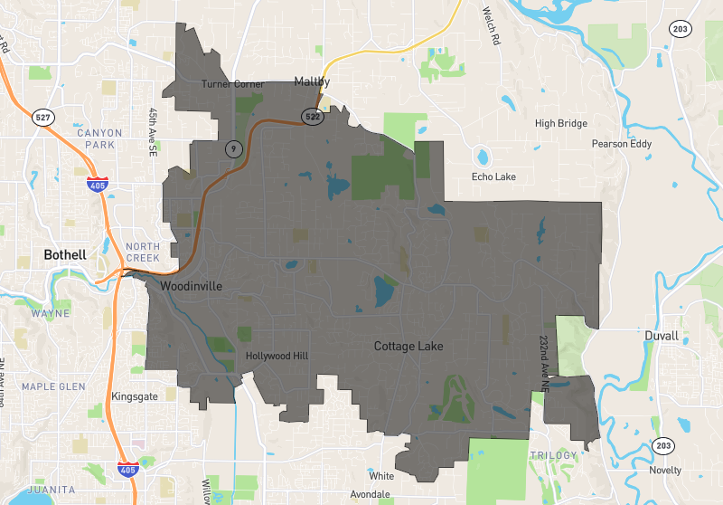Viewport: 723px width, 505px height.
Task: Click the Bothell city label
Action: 65,255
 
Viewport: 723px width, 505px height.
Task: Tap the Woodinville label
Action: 192,286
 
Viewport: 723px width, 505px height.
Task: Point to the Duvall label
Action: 662,336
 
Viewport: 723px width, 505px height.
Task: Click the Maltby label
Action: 311,81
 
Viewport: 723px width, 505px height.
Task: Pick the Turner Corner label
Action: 233,84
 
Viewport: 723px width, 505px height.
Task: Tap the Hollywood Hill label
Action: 277,356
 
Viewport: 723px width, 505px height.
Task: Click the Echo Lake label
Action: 493,176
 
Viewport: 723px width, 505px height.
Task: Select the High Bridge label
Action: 560,124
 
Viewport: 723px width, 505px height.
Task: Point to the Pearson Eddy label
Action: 623,144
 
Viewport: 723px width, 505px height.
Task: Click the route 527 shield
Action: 44,117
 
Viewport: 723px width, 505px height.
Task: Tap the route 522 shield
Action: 313,117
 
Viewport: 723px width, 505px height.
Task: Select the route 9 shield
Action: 233,147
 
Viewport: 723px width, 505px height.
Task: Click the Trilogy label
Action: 553,454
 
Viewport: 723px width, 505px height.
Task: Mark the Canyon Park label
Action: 99,138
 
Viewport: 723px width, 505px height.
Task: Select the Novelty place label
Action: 665,470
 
